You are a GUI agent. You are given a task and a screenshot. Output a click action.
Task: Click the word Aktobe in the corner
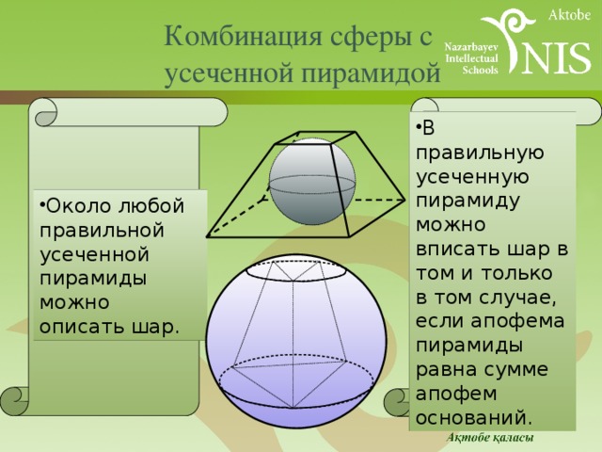569,15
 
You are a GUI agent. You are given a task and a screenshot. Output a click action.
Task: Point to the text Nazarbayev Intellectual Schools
471,58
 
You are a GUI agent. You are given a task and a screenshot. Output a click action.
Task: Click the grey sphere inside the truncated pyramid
312,182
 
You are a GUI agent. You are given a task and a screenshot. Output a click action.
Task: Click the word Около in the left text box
77,206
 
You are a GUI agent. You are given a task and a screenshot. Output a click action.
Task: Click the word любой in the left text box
151,205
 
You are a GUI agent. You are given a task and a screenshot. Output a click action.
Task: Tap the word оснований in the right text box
474,418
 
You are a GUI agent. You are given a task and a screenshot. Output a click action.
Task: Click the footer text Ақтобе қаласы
490,437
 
